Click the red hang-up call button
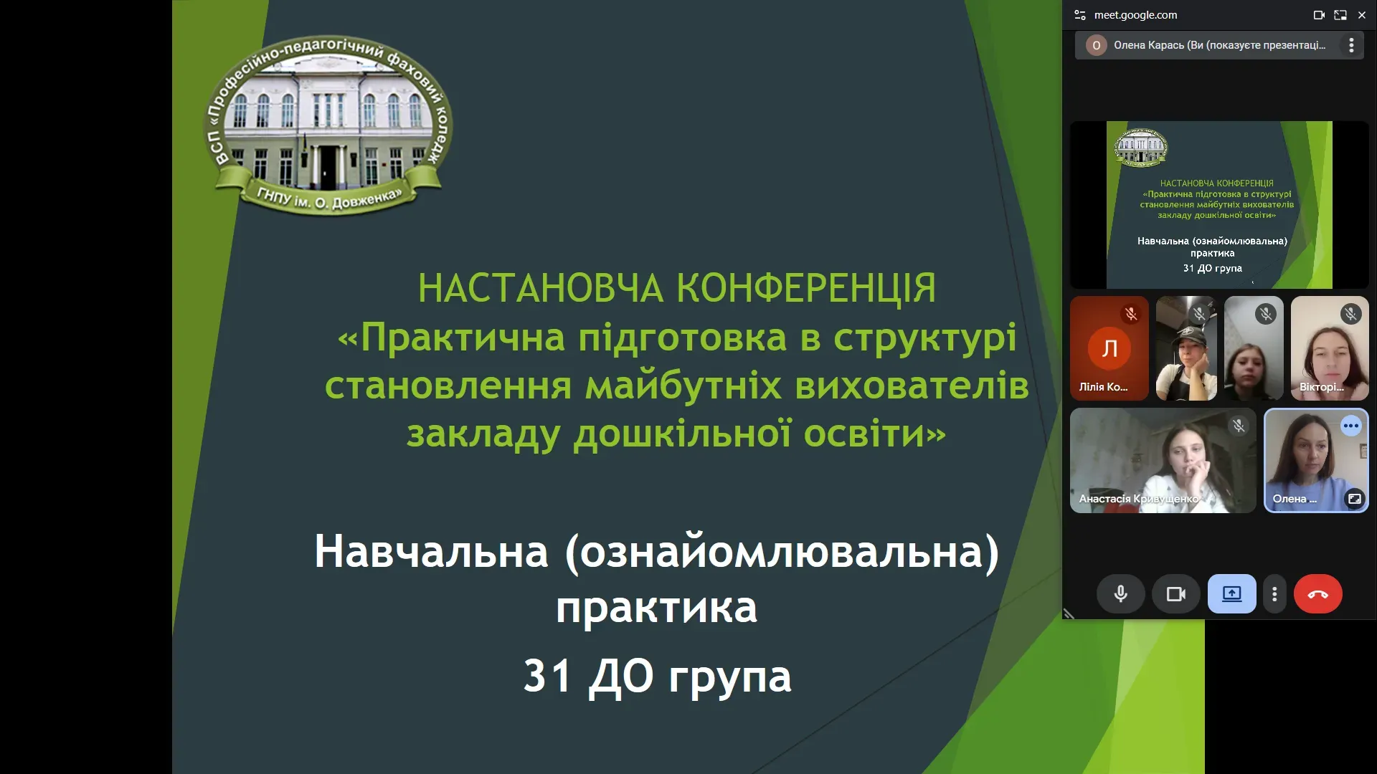[1317, 594]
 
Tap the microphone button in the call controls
[1120, 594]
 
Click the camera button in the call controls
[1175, 594]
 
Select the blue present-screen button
[1231, 594]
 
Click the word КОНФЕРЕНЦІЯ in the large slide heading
[806, 288]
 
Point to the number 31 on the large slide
[547, 676]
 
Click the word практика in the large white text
[656, 608]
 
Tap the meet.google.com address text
[1135, 15]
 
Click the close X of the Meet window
[1361, 15]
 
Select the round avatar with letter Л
[1109, 348]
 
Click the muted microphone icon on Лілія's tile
[1131, 314]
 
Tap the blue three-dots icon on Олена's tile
[1351, 426]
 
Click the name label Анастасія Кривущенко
[1139, 499]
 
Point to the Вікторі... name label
[1322, 387]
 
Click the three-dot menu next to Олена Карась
[1351, 45]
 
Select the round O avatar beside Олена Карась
[1096, 45]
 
